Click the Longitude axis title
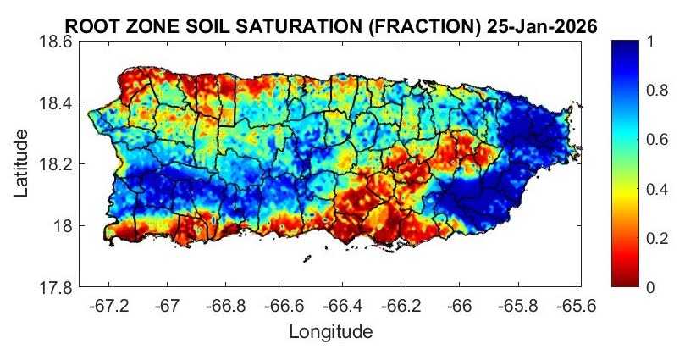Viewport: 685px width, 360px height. [x=330, y=331]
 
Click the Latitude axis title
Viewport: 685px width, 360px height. [x=23, y=164]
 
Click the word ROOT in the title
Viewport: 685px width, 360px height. [x=87, y=26]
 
